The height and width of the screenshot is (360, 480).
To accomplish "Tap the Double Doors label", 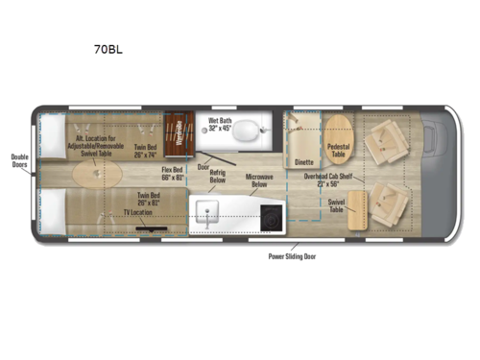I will [20, 162].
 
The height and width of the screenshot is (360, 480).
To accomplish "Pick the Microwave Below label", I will [259, 182].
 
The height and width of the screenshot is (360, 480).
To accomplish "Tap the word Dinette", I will [304, 162].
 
